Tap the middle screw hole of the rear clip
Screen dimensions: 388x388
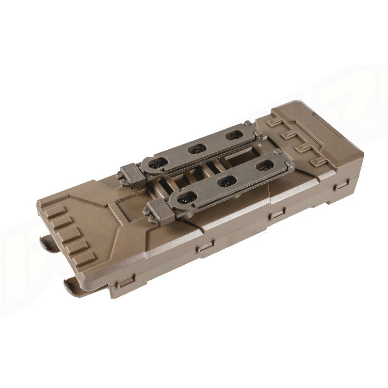point(196,149)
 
